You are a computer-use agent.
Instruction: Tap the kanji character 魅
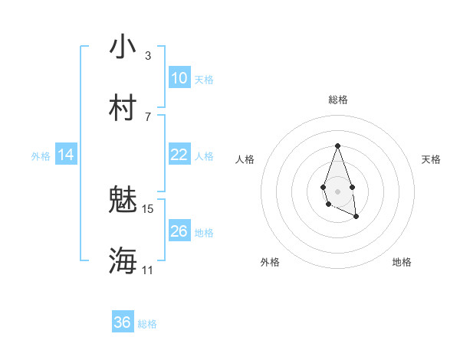(123, 200)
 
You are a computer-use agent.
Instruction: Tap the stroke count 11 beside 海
(147, 270)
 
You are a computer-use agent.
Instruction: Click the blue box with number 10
(179, 78)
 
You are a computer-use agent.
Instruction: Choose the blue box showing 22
(179, 155)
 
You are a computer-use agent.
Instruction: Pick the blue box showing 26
(179, 231)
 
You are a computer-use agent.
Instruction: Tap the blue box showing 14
(66, 155)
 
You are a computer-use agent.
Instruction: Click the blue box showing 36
(123, 322)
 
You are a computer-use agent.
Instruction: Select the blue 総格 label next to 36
(147, 324)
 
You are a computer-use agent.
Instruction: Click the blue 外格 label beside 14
(41, 156)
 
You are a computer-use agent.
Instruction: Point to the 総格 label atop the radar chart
(337, 100)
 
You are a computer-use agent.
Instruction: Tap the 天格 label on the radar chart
(432, 159)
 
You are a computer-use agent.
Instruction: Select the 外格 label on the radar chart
(270, 262)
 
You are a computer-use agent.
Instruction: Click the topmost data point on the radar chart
(337, 146)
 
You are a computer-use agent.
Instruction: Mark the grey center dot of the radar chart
(337, 190)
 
